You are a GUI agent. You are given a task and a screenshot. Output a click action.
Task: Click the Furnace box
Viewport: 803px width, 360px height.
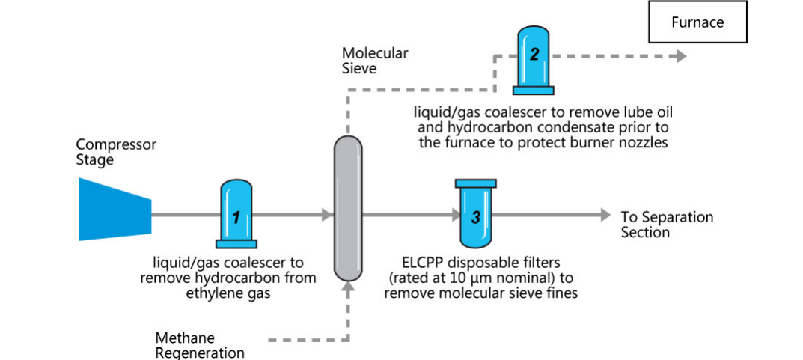pyautogui.click(x=697, y=22)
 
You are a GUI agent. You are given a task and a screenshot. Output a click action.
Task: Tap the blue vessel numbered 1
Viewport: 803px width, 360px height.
pyautogui.click(x=236, y=213)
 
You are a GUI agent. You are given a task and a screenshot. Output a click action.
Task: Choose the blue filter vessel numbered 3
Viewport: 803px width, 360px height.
pyautogui.click(x=474, y=217)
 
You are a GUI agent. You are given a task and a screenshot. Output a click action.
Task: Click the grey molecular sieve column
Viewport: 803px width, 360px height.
pyautogui.click(x=347, y=207)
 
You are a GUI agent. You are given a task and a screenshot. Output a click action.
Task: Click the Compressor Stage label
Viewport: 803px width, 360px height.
pyautogui.click(x=116, y=152)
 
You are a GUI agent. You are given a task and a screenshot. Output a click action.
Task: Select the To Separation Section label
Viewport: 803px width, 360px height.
pyautogui.click(x=667, y=224)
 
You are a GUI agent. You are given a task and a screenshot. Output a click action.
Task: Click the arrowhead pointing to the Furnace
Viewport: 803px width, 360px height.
pyautogui.click(x=680, y=56)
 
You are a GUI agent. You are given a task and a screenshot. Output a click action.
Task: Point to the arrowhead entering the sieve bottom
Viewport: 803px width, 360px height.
pyautogui.click(x=347, y=287)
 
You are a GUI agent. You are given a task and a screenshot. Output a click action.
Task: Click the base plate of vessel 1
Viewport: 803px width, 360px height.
pyautogui.click(x=236, y=242)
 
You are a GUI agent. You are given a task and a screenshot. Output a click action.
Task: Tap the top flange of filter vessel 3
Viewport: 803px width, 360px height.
pyautogui.click(x=474, y=183)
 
